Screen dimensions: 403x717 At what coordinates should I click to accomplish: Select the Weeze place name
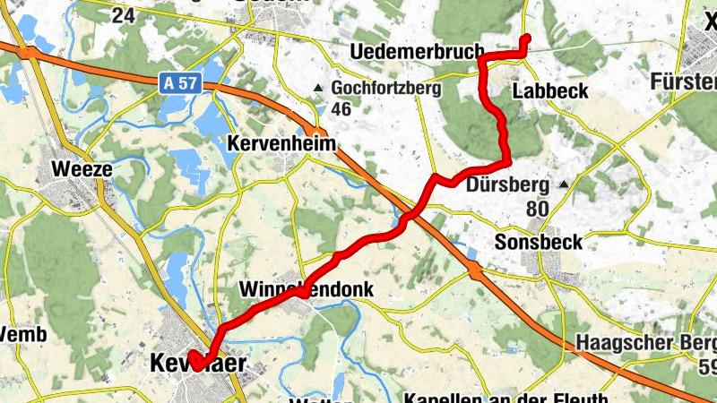pyautogui.click(x=82, y=167)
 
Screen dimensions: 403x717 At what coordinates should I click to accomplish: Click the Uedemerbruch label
pyautogui.click(x=418, y=50)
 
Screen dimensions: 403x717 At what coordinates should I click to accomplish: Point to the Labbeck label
pyautogui.click(x=550, y=90)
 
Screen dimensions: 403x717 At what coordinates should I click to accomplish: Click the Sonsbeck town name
pyautogui.click(x=539, y=242)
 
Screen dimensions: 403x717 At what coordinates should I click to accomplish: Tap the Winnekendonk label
pyautogui.click(x=306, y=289)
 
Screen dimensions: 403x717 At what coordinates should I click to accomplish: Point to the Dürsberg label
pyautogui.click(x=508, y=186)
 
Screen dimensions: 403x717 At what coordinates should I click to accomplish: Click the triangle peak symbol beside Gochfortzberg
pyautogui.click(x=318, y=88)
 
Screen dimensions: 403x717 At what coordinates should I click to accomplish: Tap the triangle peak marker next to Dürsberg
pyautogui.click(x=565, y=185)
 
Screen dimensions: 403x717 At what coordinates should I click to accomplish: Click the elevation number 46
pyautogui.click(x=341, y=109)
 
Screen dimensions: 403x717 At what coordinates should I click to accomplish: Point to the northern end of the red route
pyautogui.click(x=526, y=38)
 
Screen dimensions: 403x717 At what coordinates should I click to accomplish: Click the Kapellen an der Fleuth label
pyautogui.click(x=506, y=397)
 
